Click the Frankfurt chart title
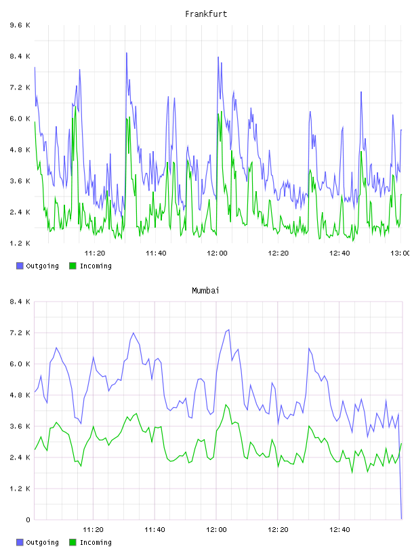(206, 14)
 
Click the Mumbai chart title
(205, 291)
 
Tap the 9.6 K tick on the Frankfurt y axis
(20, 25)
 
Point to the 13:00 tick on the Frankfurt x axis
(400, 253)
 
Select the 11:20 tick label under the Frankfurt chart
(95, 253)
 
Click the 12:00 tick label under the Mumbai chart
(217, 529)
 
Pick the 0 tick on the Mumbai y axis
(28, 520)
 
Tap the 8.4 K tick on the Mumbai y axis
(20, 302)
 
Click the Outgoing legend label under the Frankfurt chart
(42, 266)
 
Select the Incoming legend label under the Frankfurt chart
(96, 266)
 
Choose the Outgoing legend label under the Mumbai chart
(42, 542)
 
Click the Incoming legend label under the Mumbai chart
(96, 542)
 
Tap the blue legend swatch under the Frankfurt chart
(20, 266)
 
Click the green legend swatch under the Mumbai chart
(73, 542)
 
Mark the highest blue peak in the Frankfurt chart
(126, 53)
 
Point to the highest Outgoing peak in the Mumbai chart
(228, 330)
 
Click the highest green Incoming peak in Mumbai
(226, 405)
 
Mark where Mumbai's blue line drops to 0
(401, 519)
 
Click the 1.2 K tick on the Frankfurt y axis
(20, 243)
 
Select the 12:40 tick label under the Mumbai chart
(339, 529)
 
